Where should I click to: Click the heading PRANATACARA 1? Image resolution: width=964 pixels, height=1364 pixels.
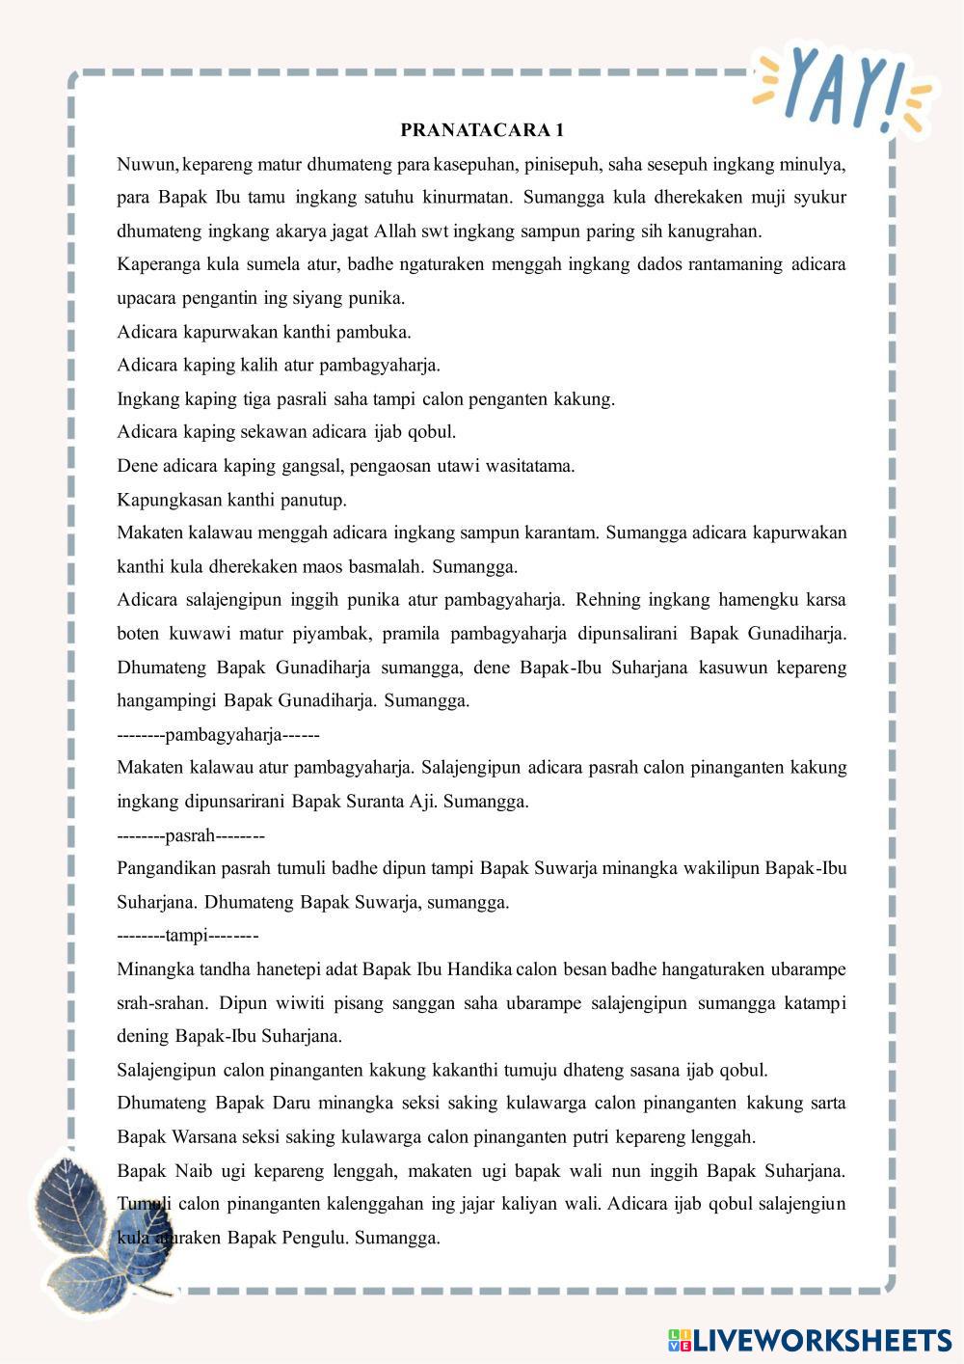tap(482, 130)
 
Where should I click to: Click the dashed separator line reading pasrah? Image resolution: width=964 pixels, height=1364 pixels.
tap(191, 835)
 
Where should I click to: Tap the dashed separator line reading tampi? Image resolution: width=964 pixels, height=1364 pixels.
tap(188, 936)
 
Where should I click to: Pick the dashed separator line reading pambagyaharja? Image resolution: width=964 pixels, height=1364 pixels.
tap(218, 735)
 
